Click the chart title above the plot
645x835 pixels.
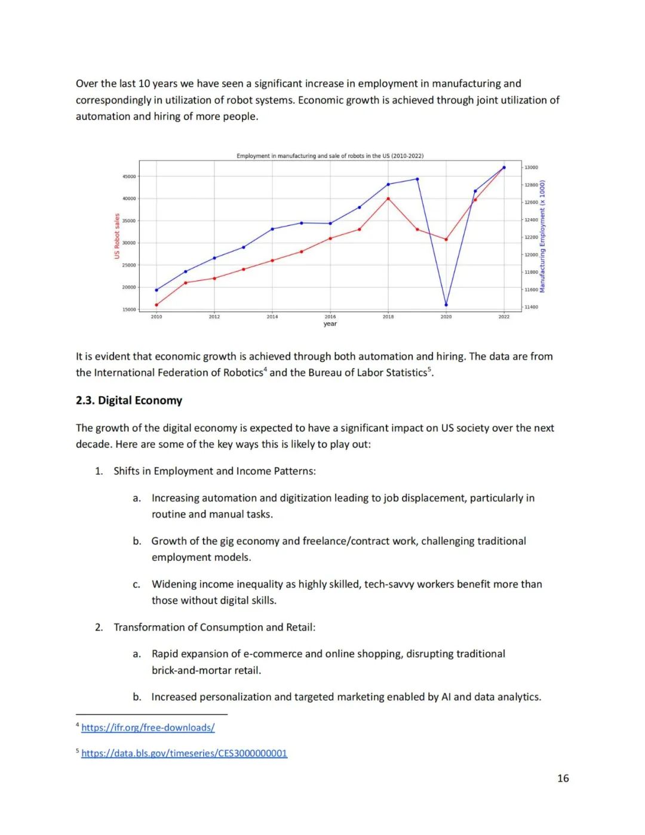330,156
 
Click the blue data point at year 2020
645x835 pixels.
446,305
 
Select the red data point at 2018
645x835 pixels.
388,198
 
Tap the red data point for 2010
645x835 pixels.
156,305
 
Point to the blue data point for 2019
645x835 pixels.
417,179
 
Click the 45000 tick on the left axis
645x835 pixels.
129,176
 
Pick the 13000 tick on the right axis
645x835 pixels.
531,167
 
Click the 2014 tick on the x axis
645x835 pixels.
272,317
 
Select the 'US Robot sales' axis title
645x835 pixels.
117,236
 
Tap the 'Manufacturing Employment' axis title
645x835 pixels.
542,236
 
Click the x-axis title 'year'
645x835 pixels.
330,324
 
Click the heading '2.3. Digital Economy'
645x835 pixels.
129,400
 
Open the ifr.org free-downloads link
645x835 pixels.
148,727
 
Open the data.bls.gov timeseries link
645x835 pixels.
184,753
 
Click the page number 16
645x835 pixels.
563,778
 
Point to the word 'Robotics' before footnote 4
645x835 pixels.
242,373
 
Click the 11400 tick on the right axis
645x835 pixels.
531,307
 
